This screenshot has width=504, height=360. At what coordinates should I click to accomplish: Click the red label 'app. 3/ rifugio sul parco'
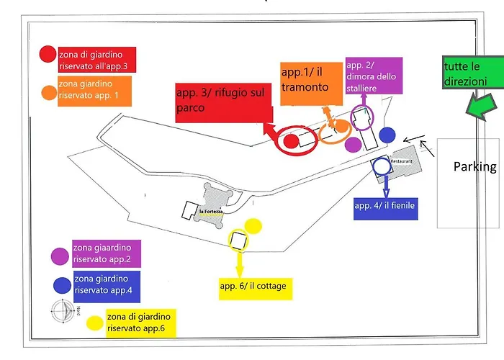[223, 102]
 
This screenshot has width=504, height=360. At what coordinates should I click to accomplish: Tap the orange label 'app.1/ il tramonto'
[307, 81]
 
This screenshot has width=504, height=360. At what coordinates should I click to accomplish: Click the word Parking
[474, 167]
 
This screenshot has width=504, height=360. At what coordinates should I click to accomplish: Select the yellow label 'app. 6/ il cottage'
[253, 287]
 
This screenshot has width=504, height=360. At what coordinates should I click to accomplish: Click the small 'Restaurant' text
[401, 161]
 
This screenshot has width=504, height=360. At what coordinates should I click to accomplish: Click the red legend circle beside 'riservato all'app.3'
[48, 54]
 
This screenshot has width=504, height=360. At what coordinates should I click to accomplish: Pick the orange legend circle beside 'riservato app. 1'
[49, 93]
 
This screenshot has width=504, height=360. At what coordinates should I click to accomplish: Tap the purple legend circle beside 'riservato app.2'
[60, 256]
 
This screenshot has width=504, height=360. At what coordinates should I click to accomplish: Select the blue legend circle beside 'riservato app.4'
[62, 284]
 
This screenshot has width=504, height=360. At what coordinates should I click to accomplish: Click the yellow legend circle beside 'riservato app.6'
[94, 322]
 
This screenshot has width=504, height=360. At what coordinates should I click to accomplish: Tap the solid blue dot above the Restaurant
[387, 134]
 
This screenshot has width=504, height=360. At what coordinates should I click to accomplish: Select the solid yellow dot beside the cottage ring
[252, 226]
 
